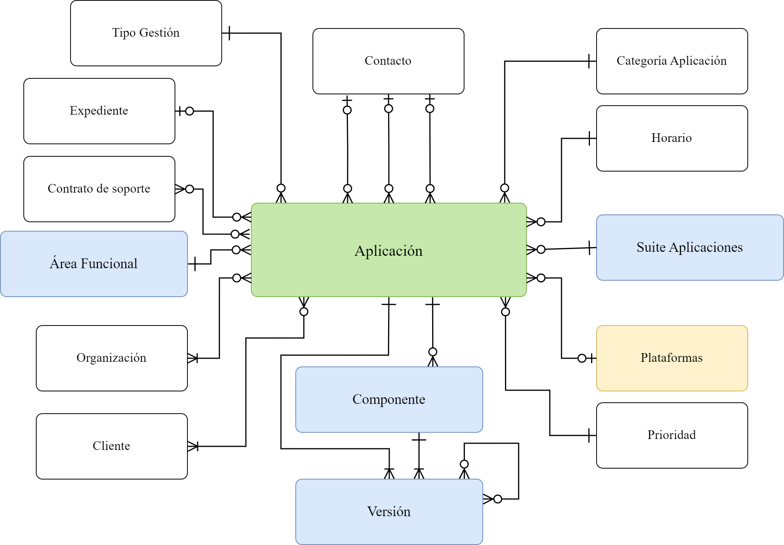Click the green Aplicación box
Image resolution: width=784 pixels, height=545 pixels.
[x=389, y=250]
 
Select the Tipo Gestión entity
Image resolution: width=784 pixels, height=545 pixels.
[x=146, y=33]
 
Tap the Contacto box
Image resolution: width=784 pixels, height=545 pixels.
[x=388, y=61]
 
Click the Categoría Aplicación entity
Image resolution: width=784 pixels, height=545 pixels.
[x=672, y=61]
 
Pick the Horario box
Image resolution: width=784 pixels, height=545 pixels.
[x=672, y=138]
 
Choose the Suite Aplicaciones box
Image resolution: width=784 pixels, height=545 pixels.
[x=690, y=248]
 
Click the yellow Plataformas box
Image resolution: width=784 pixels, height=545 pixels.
[x=672, y=358]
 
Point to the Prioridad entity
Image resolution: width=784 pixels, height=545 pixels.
[x=672, y=435]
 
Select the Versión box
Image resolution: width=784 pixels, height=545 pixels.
[x=389, y=512]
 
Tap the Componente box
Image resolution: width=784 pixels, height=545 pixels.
[x=389, y=400]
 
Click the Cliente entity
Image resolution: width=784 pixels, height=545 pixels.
[x=112, y=446]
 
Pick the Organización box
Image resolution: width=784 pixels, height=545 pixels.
[x=112, y=358]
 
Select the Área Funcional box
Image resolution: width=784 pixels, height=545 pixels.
[x=94, y=264]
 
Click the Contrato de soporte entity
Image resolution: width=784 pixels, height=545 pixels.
[x=99, y=189]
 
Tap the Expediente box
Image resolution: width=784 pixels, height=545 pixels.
[x=99, y=111]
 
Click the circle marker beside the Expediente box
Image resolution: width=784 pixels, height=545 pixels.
[x=190, y=111]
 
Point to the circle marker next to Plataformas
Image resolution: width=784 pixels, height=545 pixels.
[x=582, y=358]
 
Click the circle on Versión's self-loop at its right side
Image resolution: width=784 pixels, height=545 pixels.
[x=498, y=499]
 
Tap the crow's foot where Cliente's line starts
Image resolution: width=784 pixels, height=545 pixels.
[x=193, y=446]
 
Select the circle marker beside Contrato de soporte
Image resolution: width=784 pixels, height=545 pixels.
[x=190, y=189]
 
